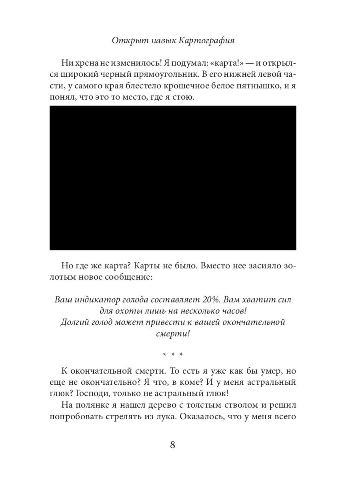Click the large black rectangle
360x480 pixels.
173,178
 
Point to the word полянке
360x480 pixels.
92,405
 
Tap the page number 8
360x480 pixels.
173,445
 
